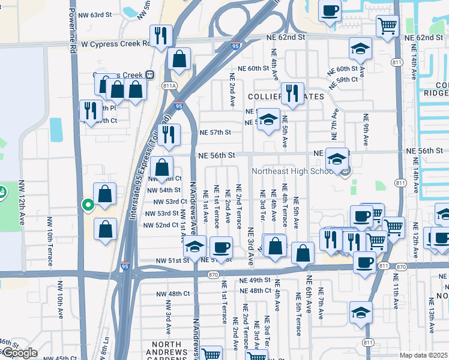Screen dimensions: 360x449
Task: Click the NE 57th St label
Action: [x=215, y=132]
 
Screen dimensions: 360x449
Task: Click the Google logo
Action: [x=20, y=353]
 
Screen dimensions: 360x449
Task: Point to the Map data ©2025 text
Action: [x=424, y=355]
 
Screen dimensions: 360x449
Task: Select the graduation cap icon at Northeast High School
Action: [x=337, y=159]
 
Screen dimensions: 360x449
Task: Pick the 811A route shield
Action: [x=169, y=86]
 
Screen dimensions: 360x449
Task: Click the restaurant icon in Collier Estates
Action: [x=292, y=93]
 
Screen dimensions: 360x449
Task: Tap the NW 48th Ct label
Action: [x=170, y=293]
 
